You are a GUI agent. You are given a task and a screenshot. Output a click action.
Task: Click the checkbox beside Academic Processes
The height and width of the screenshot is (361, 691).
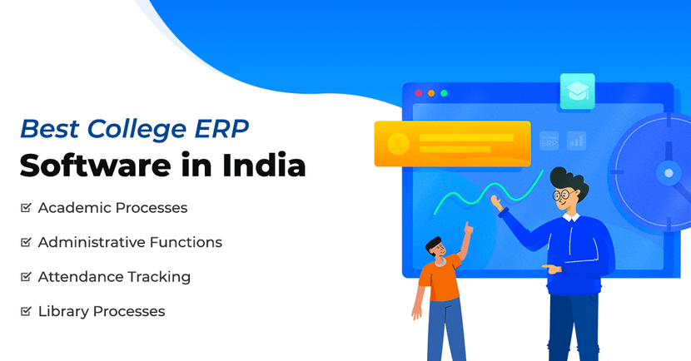coord(26,208)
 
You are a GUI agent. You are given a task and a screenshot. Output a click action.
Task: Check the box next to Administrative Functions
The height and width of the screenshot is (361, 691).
coord(26,243)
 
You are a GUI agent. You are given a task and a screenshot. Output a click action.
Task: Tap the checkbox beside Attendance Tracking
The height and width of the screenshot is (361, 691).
coord(26,277)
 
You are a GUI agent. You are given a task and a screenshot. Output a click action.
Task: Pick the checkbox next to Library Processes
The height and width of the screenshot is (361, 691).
coord(26,312)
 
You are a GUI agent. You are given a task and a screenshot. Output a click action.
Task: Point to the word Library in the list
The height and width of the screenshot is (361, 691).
coord(62,312)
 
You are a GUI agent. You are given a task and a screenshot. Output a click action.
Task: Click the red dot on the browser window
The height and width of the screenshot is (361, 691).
coord(418,93)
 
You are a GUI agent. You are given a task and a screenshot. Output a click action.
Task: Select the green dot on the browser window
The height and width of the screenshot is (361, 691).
coord(444,93)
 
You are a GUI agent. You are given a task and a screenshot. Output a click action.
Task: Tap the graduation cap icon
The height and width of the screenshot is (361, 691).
coord(577,92)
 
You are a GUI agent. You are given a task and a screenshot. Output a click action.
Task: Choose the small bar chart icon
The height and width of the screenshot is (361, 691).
coord(576,141)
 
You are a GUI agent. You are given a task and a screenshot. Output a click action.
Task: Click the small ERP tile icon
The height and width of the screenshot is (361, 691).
coord(549,141)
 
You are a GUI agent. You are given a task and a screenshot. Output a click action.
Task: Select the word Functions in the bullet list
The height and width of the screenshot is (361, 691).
coord(186,243)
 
